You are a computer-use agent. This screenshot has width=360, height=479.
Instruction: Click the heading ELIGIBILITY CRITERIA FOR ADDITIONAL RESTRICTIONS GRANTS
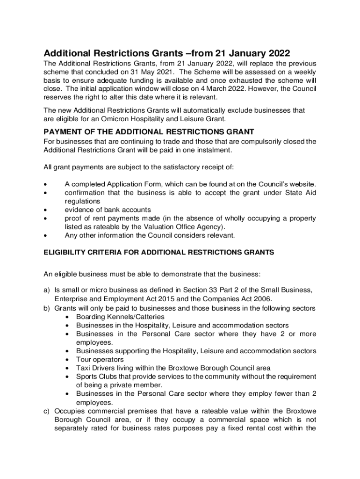click(159, 253)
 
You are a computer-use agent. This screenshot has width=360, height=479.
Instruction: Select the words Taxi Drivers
click(96, 368)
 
